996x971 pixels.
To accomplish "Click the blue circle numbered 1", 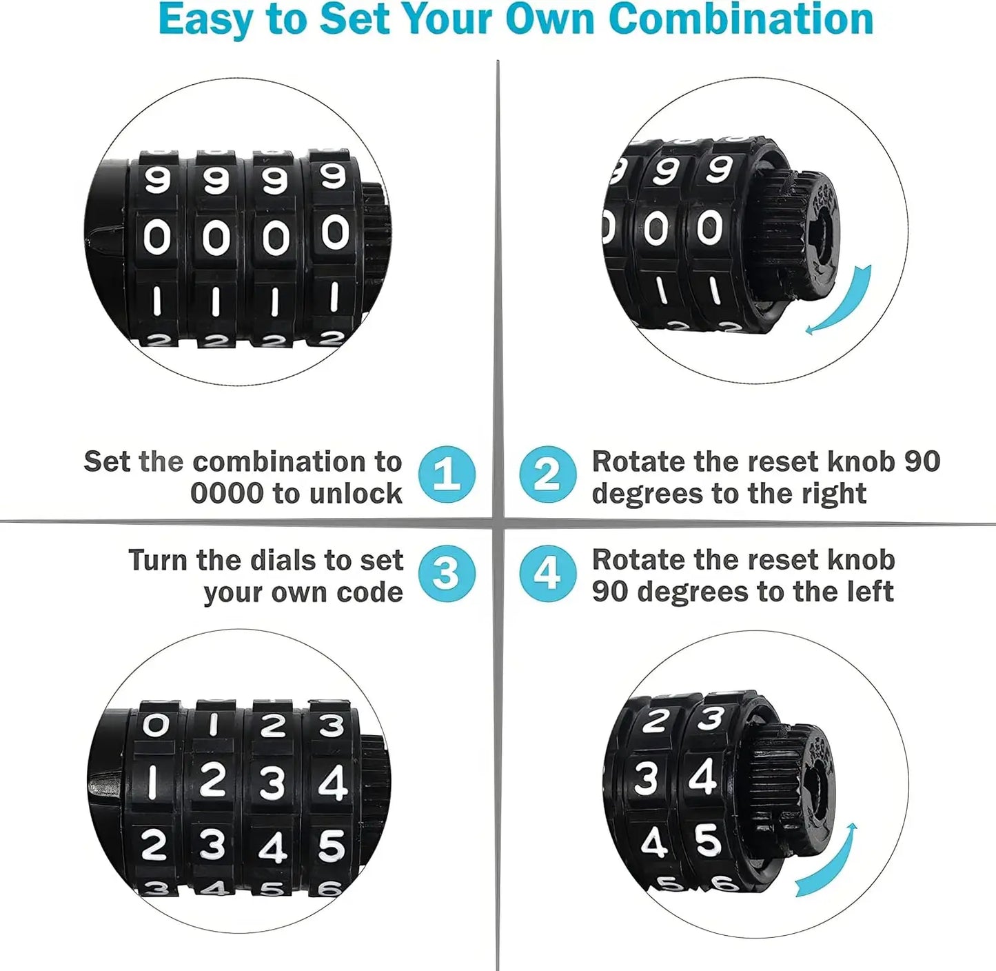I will (x=447, y=474).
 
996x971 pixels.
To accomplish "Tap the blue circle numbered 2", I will (x=547, y=474).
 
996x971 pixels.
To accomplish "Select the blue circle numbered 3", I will (x=447, y=573).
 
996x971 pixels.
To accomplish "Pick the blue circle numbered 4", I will (x=547, y=573).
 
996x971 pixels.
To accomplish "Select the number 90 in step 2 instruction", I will (x=922, y=461).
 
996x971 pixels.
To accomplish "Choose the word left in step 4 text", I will (x=869, y=592).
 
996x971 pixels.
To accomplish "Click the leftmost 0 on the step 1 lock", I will (x=156, y=239).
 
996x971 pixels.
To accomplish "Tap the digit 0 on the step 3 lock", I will (x=155, y=725).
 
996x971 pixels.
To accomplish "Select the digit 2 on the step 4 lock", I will (x=654, y=721).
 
